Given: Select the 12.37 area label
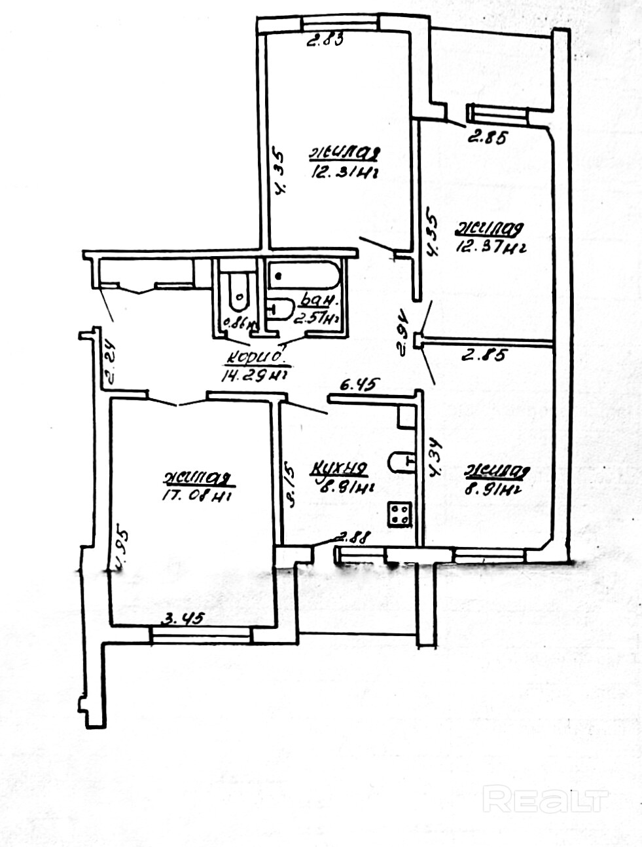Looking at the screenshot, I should pos(491,248).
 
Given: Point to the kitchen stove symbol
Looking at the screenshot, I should pos(400,513).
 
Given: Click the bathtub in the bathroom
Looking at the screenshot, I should pos(304,276).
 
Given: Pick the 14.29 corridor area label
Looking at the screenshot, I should pos(255,375).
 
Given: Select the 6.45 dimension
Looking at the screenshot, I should pos(356,385).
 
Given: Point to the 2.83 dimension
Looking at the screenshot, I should pos(326,40).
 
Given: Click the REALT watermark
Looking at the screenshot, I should pos(545,800).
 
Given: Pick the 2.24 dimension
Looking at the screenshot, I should pos(109,364).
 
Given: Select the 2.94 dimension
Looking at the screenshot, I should pos(404,332).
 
